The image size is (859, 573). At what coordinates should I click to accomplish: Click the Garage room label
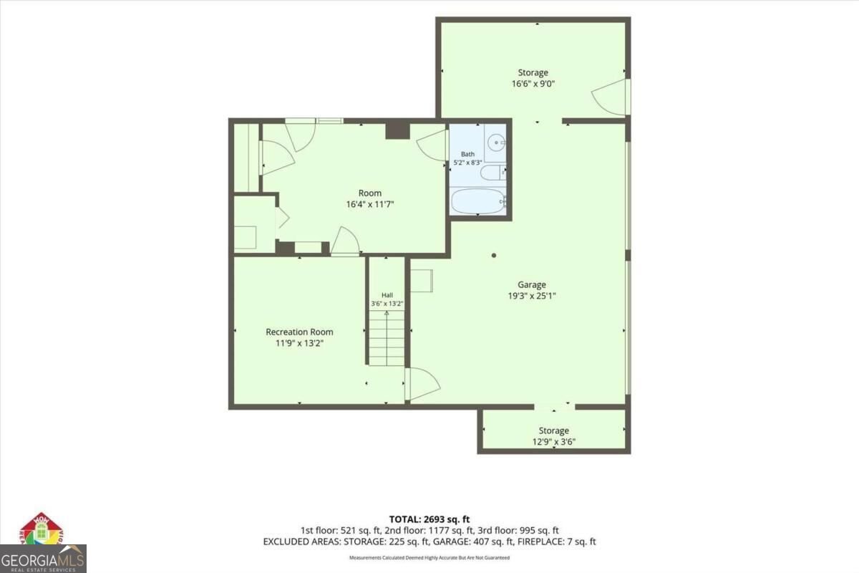click(531, 284)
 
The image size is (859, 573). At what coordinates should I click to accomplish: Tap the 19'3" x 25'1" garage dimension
click(531, 296)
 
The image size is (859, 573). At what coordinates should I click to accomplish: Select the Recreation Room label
click(299, 332)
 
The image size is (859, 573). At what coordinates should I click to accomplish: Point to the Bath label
click(467, 154)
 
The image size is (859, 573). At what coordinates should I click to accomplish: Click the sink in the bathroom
click(496, 143)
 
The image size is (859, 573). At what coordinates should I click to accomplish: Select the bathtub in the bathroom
click(479, 201)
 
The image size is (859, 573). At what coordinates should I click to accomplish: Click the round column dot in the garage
click(494, 255)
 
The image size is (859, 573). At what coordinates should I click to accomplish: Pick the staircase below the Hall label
click(387, 338)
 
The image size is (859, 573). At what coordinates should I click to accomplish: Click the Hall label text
click(387, 295)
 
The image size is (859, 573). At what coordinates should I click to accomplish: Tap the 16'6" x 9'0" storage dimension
click(533, 84)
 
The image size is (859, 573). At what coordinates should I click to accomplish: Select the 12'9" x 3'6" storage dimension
click(554, 442)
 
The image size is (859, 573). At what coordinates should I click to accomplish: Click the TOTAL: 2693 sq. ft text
click(429, 519)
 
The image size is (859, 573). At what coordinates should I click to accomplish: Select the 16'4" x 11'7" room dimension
click(370, 204)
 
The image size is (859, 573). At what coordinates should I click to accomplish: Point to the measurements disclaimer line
click(429, 558)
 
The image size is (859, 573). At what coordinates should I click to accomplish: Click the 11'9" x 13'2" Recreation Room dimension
click(299, 343)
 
